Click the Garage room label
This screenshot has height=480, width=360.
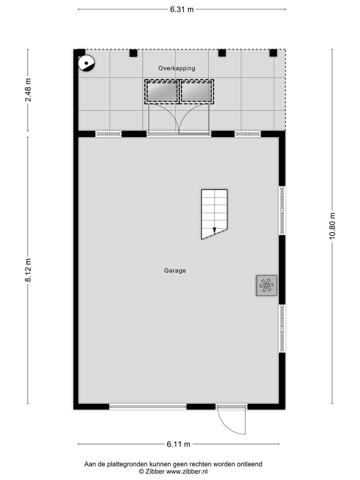(175, 270)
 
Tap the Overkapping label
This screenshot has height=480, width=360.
(176, 68)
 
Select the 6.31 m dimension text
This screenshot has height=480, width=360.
(181, 9)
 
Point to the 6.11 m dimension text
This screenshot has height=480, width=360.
(178, 444)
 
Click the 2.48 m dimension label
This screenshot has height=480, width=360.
(28, 90)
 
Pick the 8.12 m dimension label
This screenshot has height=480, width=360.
(28, 270)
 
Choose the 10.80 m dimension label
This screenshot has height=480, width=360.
(332, 226)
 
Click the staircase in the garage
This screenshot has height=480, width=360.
(214, 213)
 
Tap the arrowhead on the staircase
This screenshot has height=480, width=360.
(214, 230)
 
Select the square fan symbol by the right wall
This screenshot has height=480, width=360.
(266, 285)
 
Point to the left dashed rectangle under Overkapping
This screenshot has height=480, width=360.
(161, 91)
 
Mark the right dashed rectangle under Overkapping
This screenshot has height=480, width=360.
(196, 91)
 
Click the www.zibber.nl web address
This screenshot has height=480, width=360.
(188, 471)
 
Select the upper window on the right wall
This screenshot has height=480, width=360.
(282, 210)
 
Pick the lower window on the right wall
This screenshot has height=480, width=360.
(282, 328)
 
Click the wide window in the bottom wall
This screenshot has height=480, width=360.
(147, 407)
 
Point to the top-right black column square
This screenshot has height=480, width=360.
(273, 52)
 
